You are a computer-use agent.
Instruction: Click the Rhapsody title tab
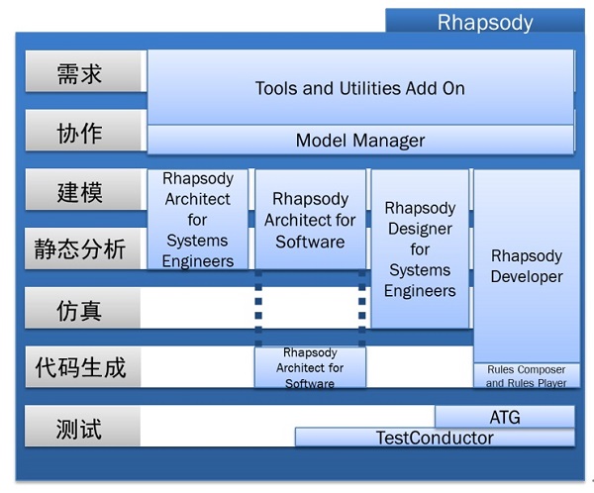(485, 21)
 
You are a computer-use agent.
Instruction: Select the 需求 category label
(86, 71)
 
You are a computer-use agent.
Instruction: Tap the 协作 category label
(86, 131)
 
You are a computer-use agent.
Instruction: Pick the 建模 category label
(86, 189)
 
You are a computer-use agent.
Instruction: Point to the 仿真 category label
(82, 308)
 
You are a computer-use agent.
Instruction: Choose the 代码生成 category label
(82, 367)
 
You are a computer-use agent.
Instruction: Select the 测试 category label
(82, 426)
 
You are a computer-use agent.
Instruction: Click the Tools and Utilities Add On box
(360, 87)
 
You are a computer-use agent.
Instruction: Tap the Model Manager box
(360, 140)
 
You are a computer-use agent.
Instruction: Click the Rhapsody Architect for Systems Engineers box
(198, 220)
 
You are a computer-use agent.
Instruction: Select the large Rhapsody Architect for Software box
(310, 220)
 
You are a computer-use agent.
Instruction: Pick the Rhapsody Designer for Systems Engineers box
(420, 248)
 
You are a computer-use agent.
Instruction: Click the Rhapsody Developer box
(527, 266)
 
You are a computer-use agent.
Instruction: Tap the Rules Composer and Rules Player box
(527, 375)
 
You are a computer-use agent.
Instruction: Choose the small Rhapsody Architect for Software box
(310, 367)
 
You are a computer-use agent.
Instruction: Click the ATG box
(505, 417)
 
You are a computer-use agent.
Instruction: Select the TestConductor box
(435, 438)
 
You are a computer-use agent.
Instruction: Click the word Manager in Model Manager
(389, 141)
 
